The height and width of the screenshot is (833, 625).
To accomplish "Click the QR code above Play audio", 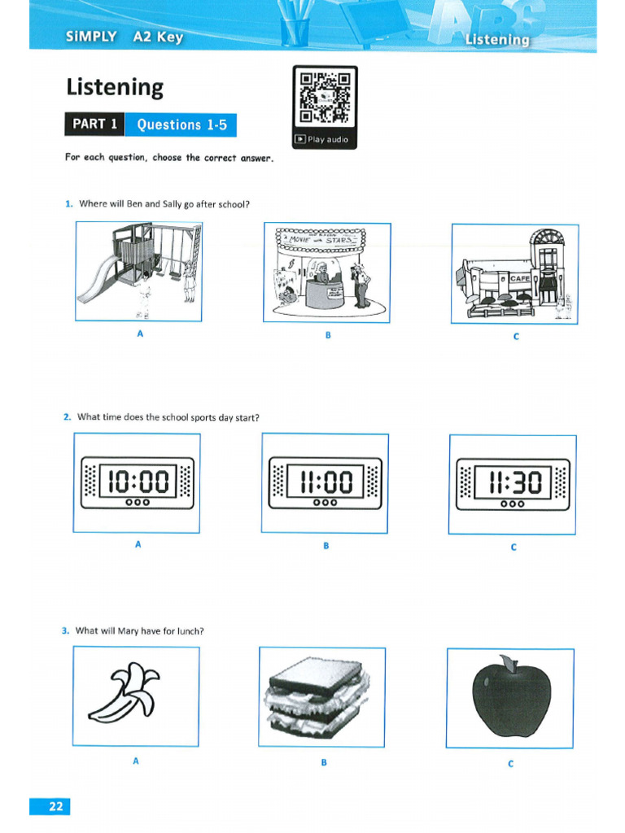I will [324, 97].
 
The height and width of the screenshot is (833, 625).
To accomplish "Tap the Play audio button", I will [323, 139].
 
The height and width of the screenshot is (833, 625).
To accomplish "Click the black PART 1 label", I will [94, 124].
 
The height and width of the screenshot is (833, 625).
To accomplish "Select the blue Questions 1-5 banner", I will [180, 124].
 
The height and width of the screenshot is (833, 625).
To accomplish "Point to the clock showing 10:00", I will [138, 483].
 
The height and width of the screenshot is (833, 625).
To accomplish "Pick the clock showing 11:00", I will [325, 482].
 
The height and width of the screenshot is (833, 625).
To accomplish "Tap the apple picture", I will [511, 696].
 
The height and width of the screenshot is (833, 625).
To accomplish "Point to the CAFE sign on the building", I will [519, 278].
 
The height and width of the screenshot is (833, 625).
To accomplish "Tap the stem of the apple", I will [508, 663].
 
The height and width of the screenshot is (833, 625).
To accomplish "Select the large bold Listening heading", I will [115, 87].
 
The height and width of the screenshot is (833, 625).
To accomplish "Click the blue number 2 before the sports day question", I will [67, 417].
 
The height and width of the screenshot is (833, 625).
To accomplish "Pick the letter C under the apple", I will [510, 763].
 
